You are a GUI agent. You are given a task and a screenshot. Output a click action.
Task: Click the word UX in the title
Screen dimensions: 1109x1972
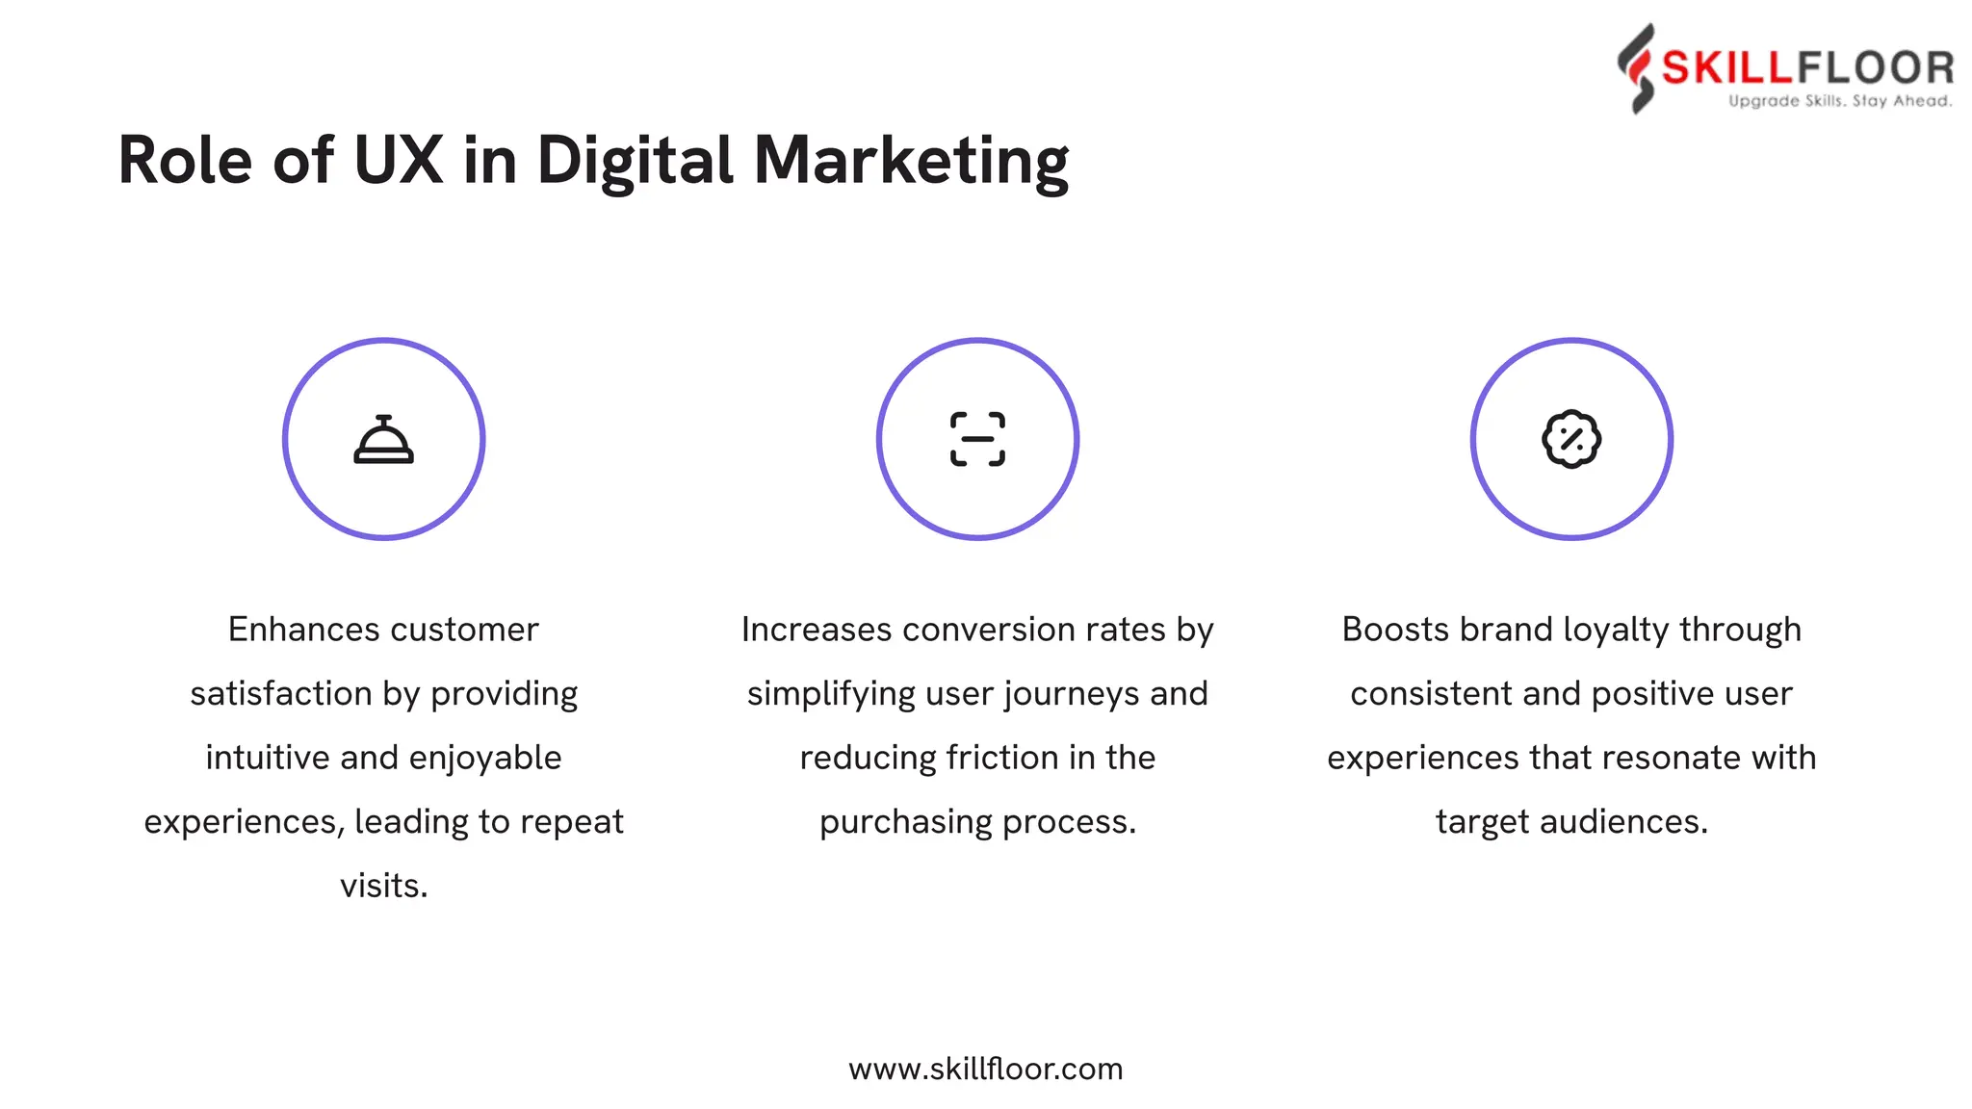pyautogui.click(x=398, y=160)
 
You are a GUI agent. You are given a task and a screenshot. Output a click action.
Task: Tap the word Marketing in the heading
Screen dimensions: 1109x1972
pyautogui.click(x=911, y=162)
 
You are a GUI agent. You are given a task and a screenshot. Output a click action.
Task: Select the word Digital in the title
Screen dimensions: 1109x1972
pyautogui.click(x=636, y=162)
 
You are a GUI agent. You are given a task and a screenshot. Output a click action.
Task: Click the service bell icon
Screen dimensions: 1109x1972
pyautogui.click(x=383, y=440)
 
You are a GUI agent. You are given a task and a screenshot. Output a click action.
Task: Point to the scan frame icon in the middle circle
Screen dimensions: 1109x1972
pyautogui.click(x=977, y=440)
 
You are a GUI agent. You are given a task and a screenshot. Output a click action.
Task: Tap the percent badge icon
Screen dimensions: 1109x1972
pyautogui.click(x=1571, y=440)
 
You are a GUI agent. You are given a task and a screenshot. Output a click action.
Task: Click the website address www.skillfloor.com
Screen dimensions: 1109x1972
pyautogui.click(x=985, y=1069)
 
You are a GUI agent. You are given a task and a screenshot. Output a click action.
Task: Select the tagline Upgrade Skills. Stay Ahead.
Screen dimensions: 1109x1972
pyautogui.click(x=1840, y=101)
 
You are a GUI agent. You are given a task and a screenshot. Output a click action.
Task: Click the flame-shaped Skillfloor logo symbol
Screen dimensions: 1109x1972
pyautogui.click(x=1637, y=68)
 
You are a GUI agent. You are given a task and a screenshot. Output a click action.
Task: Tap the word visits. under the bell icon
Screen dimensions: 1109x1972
pyautogui.click(x=383, y=886)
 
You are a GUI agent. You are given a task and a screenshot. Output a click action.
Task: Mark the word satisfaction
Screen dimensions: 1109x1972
pyautogui.click(x=281, y=694)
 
